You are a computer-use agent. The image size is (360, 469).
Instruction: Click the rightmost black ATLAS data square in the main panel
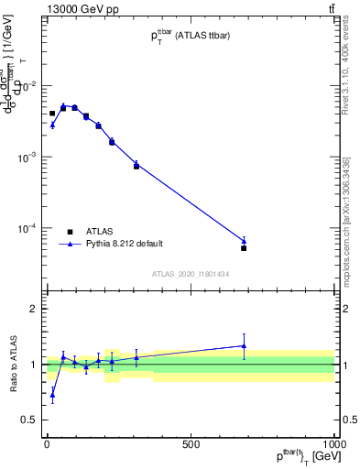(x=244, y=248)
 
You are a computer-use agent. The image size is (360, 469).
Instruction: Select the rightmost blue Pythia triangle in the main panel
(x=244, y=241)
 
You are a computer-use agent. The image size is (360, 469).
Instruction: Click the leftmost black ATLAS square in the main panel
(x=52, y=114)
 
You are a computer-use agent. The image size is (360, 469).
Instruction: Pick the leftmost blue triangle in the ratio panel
(x=52, y=396)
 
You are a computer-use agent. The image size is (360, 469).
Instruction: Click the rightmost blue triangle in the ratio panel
(x=244, y=345)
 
